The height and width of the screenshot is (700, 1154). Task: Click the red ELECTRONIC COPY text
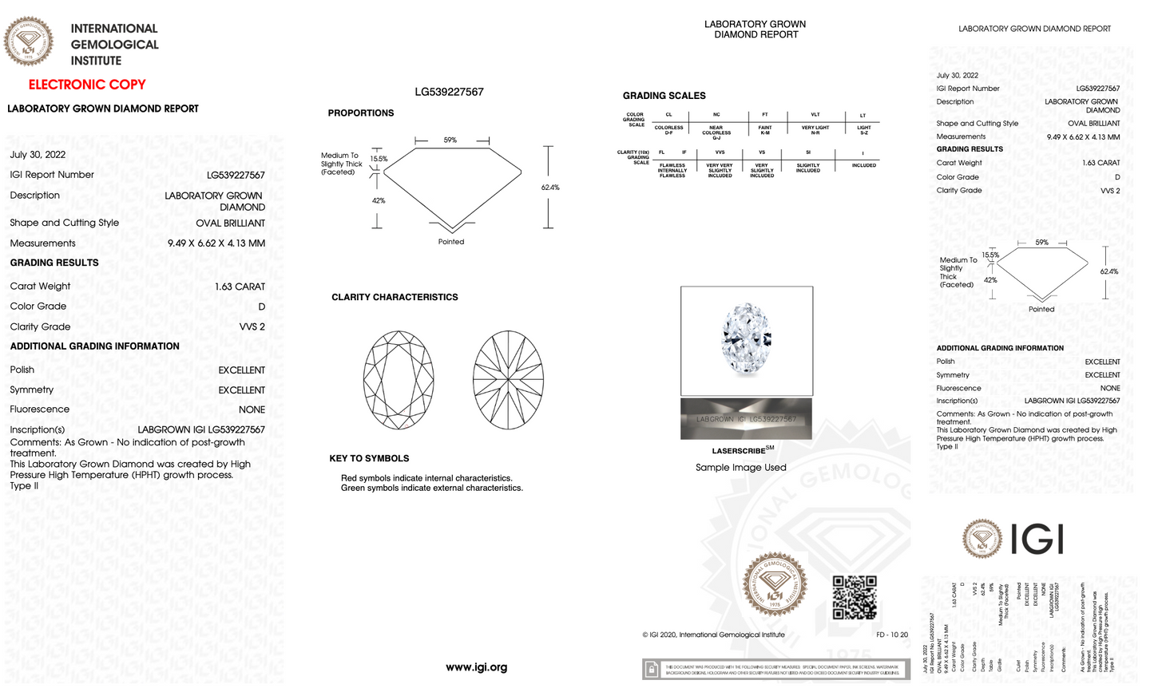point(87,85)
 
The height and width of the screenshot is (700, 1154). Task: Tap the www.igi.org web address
point(476,667)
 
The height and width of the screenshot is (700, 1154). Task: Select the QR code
point(855,597)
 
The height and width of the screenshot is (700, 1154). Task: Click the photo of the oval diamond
point(746,341)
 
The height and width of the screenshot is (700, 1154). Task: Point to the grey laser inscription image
point(746,419)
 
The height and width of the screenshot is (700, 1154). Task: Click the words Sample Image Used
point(740,468)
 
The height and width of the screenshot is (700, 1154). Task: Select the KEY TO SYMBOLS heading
point(369,459)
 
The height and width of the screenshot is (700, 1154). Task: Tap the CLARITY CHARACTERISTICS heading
point(395,297)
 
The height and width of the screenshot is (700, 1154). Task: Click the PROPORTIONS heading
point(360,113)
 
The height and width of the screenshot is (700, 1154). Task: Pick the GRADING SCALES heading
point(664,96)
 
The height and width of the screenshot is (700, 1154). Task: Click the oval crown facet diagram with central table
point(399,380)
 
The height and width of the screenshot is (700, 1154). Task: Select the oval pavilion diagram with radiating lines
point(508,380)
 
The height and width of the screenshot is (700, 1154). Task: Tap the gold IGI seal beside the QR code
point(774,585)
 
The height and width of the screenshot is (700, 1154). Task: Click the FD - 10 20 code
point(891,635)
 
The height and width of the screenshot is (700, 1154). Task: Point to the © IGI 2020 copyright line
point(713,635)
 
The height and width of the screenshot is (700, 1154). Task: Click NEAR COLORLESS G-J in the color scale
point(716,132)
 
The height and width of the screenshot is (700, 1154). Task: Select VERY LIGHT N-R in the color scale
point(815,129)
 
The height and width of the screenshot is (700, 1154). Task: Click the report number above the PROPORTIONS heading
point(449,93)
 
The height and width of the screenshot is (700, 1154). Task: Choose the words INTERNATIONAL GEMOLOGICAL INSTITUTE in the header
point(114,45)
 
